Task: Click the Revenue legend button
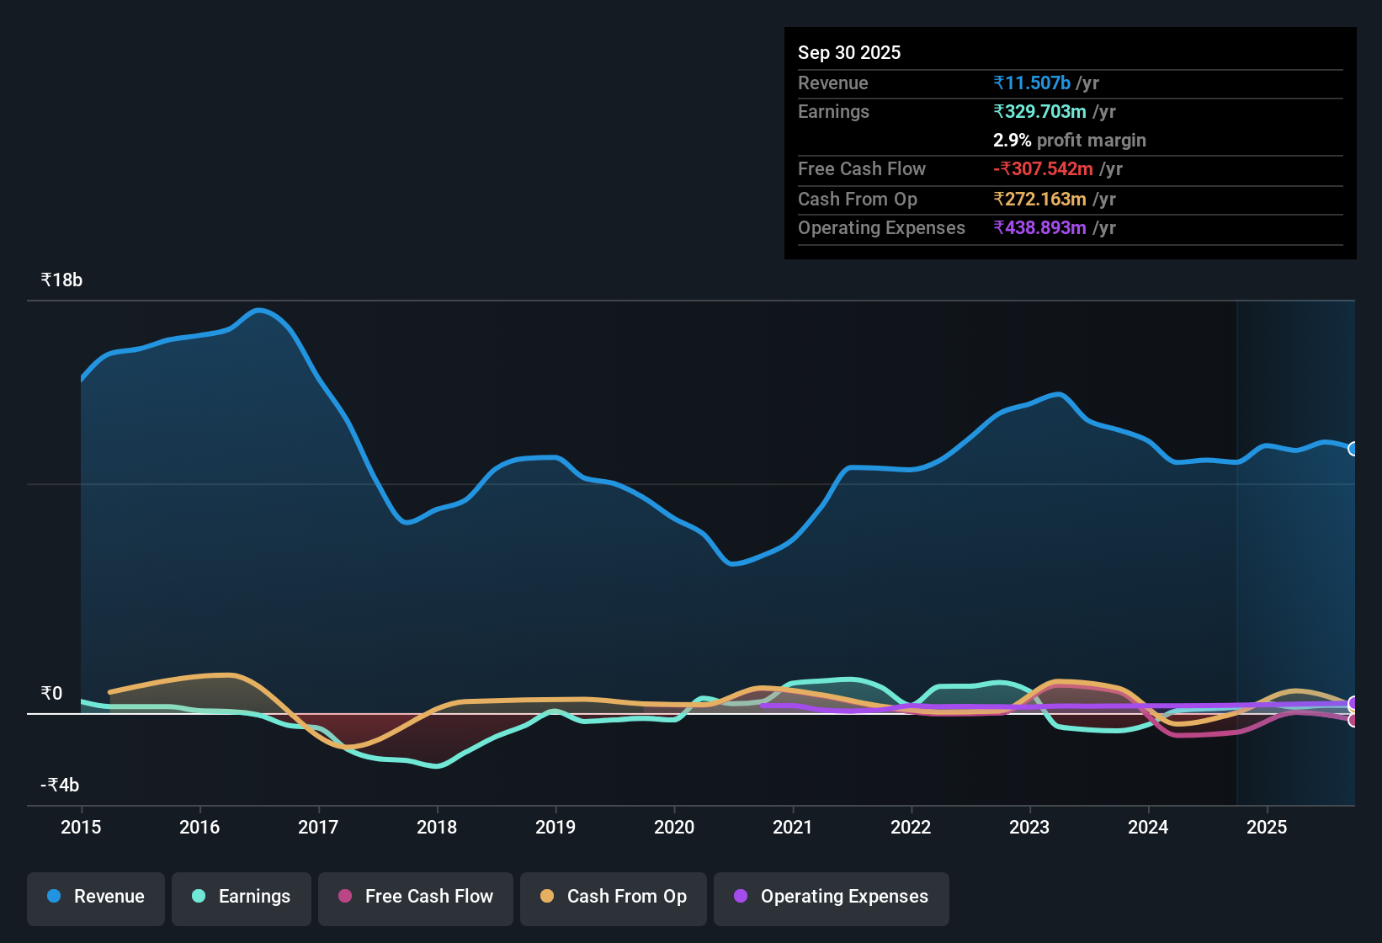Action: click(96, 897)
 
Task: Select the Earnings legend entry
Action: click(242, 897)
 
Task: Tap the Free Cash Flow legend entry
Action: click(416, 897)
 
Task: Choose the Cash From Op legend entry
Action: click(614, 897)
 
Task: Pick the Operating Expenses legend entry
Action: click(832, 897)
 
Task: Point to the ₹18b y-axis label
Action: click(61, 280)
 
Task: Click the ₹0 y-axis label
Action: click(51, 694)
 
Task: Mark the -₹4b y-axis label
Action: click(60, 786)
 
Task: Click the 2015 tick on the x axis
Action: click(81, 828)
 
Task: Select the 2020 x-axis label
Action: click(674, 828)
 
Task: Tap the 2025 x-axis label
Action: click(1267, 828)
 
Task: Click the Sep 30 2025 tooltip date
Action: click(849, 53)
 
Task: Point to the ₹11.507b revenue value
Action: click(1032, 83)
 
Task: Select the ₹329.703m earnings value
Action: click(1039, 112)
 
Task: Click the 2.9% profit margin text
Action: click(1069, 141)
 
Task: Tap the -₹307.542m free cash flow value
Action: click(1043, 169)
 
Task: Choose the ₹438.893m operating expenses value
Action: click(1039, 228)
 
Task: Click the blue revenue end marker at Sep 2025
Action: click(1353, 449)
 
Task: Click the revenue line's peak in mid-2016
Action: click(259, 310)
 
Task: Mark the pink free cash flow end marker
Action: click(1353, 720)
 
